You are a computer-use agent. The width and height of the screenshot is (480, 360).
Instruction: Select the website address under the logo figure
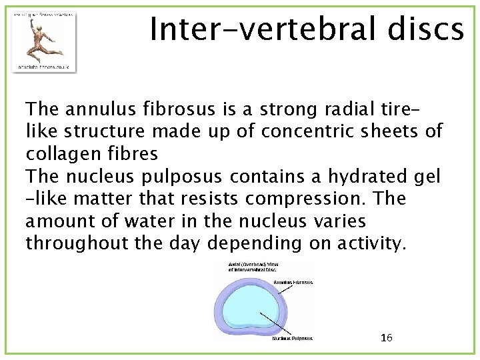[x=44, y=67]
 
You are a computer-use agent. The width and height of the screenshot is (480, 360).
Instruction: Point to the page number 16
[x=386, y=337]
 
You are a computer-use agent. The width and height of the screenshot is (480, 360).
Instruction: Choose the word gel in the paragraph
[x=428, y=177]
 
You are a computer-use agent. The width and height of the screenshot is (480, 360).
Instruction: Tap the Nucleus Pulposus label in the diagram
[x=292, y=338]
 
